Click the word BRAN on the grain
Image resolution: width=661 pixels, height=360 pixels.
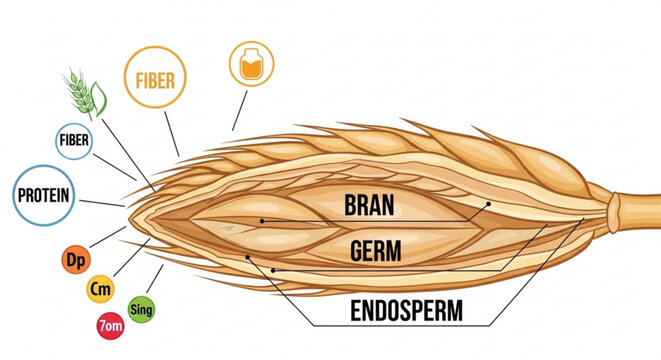[368, 206]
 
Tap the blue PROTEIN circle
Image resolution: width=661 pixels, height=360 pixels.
[41, 195]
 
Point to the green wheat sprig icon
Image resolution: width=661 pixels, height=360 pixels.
[81, 92]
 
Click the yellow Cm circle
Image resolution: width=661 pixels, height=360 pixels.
[100, 289]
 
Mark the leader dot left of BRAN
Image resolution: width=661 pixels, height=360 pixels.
[261, 220]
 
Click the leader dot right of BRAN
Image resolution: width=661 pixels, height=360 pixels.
[488, 203]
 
